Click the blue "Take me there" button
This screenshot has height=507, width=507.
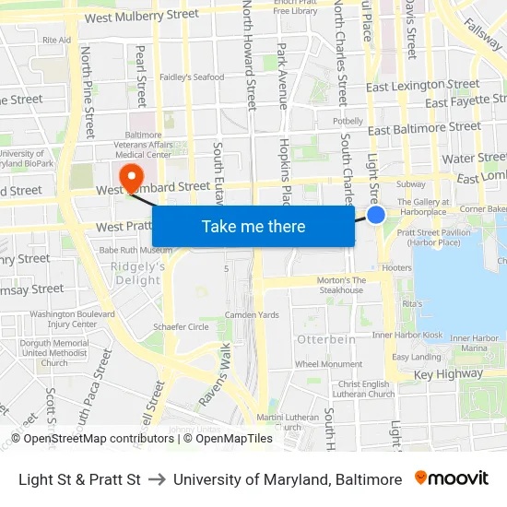tap(253, 226)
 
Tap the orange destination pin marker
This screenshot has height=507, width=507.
tap(130, 174)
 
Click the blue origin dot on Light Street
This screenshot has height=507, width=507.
tap(376, 215)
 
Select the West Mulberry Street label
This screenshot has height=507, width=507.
tap(141, 15)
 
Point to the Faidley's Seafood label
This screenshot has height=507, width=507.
tap(192, 77)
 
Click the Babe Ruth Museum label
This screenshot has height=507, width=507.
tap(136, 250)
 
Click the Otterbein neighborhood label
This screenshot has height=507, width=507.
tap(325, 339)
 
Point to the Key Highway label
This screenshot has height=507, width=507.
tap(448, 374)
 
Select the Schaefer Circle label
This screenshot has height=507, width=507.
tap(181, 326)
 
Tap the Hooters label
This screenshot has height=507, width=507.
tap(396, 268)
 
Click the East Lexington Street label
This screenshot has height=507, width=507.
tap(418, 86)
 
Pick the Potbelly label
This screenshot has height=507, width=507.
tap(348, 121)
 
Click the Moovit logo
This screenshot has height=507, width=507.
tap(451, 478)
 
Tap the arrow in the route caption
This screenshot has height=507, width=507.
tap(157, 479)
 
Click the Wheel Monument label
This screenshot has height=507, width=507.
tap(328, 364)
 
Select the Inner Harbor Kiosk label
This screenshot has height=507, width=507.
tap(407, 335)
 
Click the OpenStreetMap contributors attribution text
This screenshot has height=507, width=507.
tap(92, 439)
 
